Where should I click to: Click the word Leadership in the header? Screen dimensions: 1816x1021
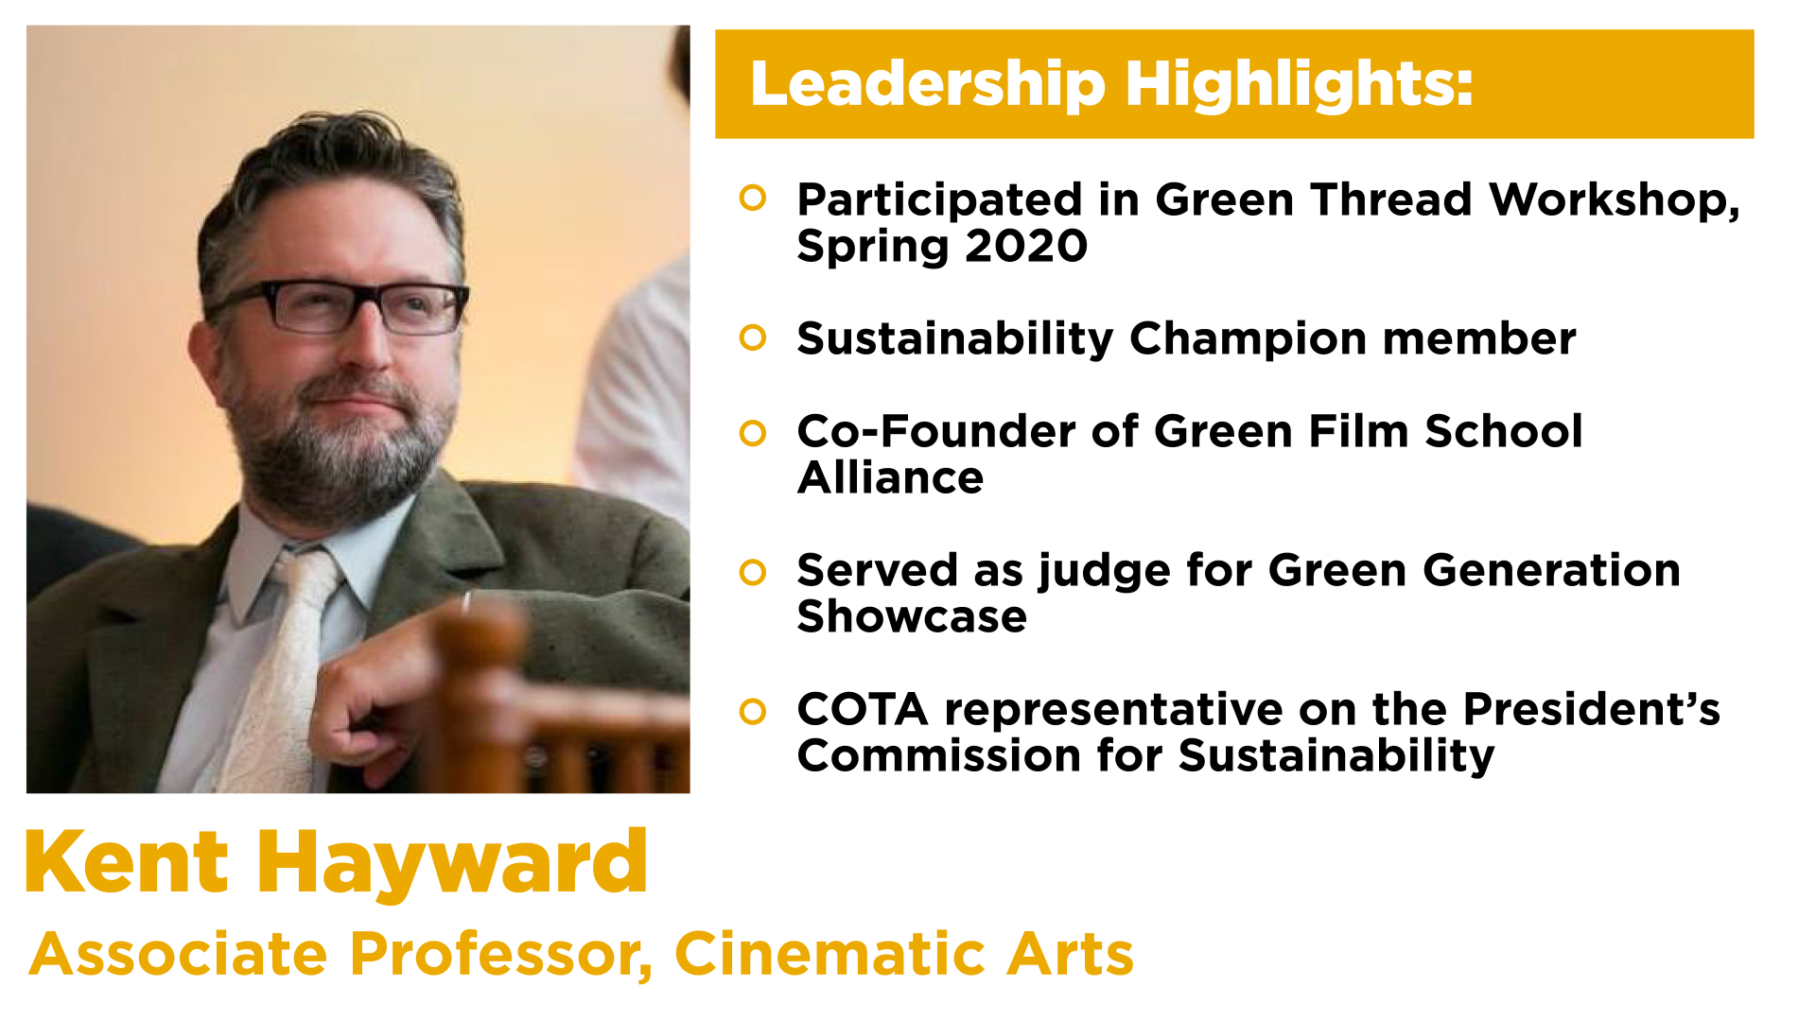point(928,85)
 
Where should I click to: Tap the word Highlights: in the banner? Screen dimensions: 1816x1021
point(1300,85)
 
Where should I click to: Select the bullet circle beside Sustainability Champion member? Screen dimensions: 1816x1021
point(753,337)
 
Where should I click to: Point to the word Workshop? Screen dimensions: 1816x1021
point(1614,200)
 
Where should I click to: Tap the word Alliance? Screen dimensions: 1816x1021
point(890,477)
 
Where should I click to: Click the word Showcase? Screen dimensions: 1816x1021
point(912,616)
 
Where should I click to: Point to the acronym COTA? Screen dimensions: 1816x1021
point(863,709)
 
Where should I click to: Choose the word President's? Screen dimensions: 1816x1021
point(1591,709)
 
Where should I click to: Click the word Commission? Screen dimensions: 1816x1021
point(939,755)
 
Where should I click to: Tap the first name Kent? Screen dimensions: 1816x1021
point(127,861)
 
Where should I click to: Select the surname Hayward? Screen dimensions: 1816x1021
point(452,864)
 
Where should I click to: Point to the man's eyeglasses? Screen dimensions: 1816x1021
point(339,306)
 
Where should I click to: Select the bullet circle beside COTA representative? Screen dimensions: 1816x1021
point(753,711)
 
